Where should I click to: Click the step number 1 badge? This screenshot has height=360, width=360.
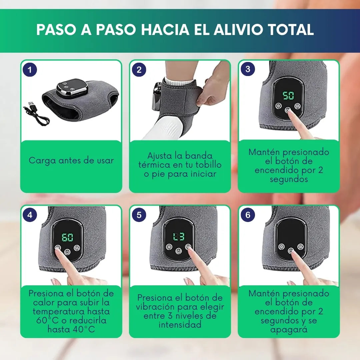[x=30, y=70]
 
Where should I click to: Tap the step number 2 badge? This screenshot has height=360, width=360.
[x=139, y=70]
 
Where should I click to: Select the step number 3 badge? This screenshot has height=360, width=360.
[x=248, y=69]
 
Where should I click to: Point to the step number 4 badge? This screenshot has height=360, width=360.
[x=30, y=215]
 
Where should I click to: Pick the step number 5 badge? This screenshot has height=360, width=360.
[x=139, y=215]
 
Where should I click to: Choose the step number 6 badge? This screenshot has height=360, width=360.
[x=248, y=215]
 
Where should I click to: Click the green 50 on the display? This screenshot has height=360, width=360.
[x=288, y=95]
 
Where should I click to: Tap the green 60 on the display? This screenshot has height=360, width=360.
[x=67, y=237]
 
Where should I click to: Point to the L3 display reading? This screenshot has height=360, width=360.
[x=179, y=236]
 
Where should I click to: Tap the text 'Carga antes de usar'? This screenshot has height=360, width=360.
[x=71, y=160]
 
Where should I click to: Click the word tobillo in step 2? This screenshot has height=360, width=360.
[x=208, y=165]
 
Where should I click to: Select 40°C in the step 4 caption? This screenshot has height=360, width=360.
[x=84, y=329]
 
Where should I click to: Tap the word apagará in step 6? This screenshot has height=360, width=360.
[x=289, y=330]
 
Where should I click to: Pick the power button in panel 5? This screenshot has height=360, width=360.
[x=178, y=251]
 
